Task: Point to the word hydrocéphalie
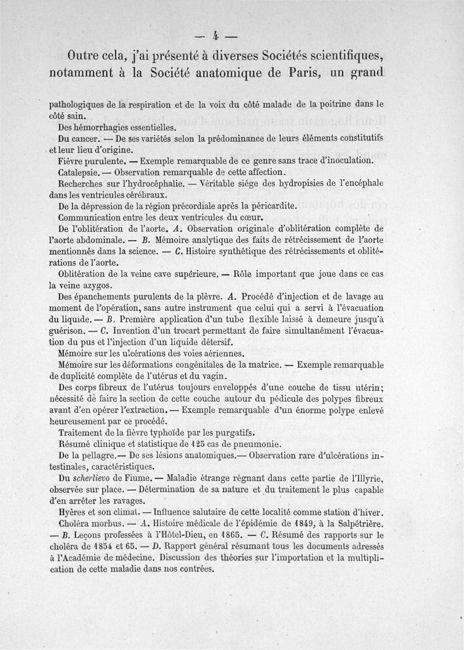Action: coord(151,184)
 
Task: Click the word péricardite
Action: coord(273,205)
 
